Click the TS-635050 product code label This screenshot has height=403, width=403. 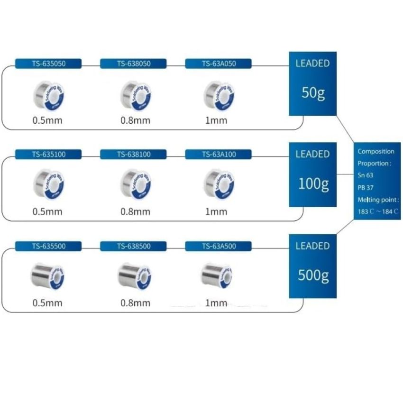pos(48,64)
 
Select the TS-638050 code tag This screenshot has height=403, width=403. pos(133,64)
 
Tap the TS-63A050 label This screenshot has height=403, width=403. pos(219,64)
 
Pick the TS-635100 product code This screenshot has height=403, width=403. pos(48,154)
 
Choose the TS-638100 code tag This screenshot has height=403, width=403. pos(133,154)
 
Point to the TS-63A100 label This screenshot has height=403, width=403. pos(219,154)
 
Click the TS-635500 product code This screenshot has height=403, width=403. pos(48,246)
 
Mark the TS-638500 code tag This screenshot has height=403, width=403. pos(133,246)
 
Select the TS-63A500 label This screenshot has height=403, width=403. pos(219,246)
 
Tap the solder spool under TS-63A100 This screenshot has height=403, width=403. pos(219,184)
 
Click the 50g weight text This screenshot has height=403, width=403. pos(313,92)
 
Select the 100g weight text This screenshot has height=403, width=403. pos(313,183)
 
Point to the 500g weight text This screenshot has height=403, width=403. pos(313,275)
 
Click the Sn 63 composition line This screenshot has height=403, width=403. pos(366,175)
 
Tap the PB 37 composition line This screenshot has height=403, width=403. pos(366,187)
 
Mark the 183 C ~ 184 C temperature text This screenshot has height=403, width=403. pos(378,211)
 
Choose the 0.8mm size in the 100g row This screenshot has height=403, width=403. pos(135,211)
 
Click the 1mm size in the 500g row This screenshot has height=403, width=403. pos(216,303)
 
